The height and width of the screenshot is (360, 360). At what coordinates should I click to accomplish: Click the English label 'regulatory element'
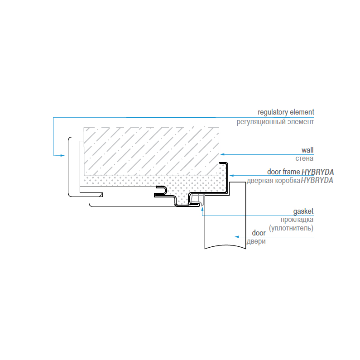(285, 112)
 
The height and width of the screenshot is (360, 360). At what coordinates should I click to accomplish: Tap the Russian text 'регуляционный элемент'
(275, 122)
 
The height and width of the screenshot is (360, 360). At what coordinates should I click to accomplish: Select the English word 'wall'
(307, 149)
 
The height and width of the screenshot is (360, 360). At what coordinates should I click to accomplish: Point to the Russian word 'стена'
(304, 158)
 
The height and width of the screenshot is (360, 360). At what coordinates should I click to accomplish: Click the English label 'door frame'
(283, 172)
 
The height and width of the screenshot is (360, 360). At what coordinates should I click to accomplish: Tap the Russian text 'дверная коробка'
(274, 180)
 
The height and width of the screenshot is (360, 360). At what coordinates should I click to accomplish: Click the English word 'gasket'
(303, 211)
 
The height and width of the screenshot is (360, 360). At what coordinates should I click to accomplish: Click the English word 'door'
(259, 233)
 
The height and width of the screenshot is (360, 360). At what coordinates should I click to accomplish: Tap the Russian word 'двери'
(256, 241)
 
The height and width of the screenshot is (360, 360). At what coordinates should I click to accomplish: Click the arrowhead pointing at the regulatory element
(62, 155)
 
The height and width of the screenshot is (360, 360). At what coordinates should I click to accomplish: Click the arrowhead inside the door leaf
(235, 236)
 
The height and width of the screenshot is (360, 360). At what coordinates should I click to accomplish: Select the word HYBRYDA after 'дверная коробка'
(317, 180)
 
